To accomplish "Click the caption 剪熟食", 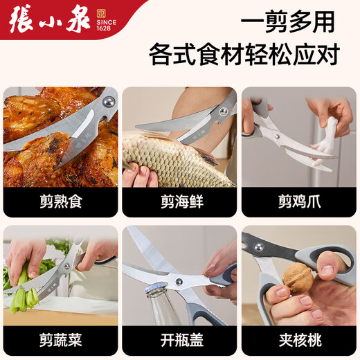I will tap(60, 201).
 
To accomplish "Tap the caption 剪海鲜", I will tap(179, 201).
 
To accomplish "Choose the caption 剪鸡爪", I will tap(298, 201).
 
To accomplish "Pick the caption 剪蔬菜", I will tap(60, 340).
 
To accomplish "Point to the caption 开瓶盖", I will tap(179, 340).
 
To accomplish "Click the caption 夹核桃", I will tap(298, 340).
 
